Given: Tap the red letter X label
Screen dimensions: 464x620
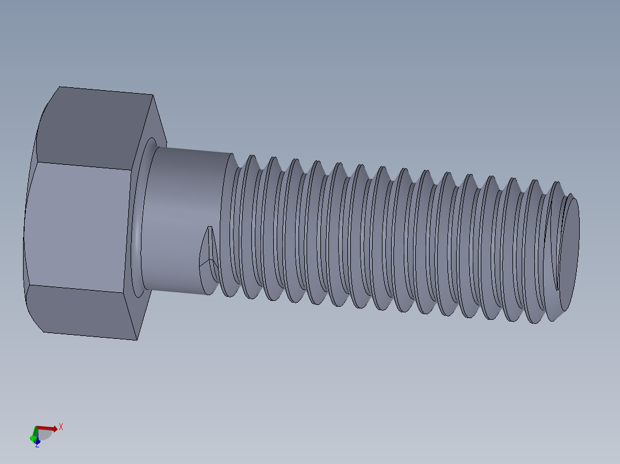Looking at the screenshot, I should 61,427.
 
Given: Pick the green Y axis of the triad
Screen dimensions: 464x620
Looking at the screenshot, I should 34,434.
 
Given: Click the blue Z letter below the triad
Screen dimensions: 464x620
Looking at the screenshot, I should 37,444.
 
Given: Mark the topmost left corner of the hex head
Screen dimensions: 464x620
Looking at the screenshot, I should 60,87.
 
